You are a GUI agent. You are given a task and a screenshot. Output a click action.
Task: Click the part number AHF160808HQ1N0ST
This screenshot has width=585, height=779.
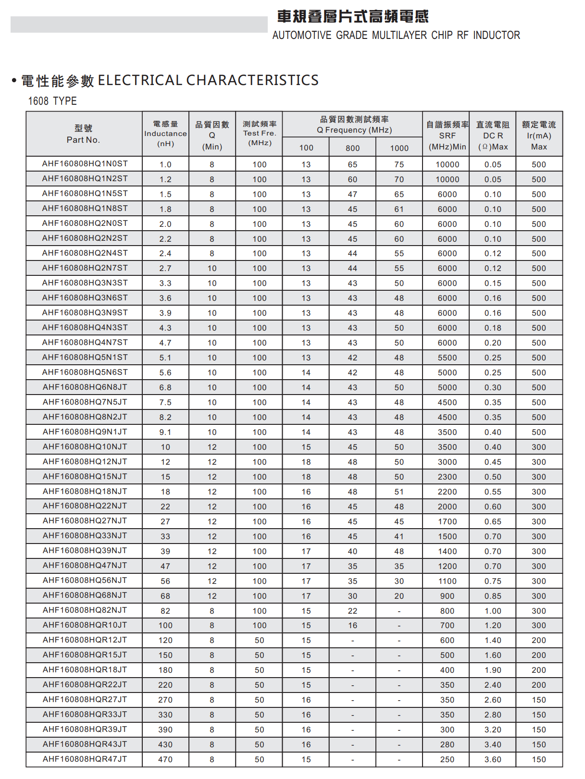(85, 164)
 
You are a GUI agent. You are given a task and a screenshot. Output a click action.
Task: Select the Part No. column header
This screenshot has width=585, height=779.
(83, 135)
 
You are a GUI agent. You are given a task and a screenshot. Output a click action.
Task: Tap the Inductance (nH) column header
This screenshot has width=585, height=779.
(165, 134)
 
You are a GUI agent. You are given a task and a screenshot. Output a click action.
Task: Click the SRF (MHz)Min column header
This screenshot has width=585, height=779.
(447, 136)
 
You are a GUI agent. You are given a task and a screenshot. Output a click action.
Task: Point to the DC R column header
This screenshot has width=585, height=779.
(493, 136)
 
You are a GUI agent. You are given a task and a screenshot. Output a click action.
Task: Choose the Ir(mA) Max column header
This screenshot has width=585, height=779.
(539, 136)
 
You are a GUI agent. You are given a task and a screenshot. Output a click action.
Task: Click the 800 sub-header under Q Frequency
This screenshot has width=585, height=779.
(352, 148)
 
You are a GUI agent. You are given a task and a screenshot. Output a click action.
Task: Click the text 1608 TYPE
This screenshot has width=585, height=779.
(52, 101)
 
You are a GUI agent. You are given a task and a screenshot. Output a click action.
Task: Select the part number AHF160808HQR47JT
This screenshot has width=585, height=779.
(85, 759)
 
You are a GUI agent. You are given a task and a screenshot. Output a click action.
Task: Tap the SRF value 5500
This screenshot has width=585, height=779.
(447, 358)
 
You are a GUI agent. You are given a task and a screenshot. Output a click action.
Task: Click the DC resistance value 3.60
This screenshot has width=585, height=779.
(493, 759)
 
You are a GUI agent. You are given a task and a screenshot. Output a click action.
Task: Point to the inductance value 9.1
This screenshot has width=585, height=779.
(165, 432)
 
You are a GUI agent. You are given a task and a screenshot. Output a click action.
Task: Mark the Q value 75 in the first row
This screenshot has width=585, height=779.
(399, 164)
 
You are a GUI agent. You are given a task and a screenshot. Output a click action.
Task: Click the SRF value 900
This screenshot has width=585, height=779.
(447, 596)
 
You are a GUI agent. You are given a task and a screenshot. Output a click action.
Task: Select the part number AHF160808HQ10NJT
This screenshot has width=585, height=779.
(85, 447)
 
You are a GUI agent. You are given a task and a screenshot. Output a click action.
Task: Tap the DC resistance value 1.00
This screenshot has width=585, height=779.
(493, 611)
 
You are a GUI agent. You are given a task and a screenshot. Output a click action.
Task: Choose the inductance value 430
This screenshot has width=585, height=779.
(165, 744)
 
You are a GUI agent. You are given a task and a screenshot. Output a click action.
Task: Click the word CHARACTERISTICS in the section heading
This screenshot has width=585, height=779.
(252, 80)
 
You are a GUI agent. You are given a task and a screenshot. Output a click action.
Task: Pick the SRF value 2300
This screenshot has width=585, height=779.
(447, 477)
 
